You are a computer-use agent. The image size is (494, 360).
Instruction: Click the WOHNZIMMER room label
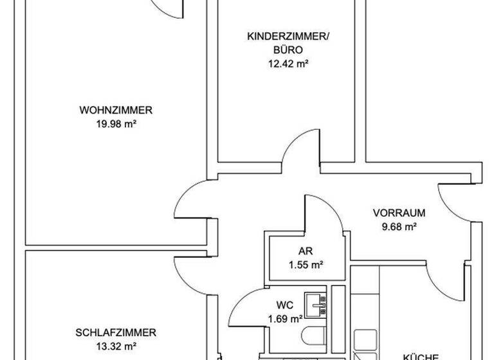coord(116,110)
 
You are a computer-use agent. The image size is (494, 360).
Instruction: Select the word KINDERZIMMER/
coord(288,37)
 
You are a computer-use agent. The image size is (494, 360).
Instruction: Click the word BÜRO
coord(288,50)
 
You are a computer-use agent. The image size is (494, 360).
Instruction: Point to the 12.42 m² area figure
coord(288,63)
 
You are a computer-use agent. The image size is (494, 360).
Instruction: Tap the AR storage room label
coord(305,251)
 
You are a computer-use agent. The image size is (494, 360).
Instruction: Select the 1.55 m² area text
coord(305,264)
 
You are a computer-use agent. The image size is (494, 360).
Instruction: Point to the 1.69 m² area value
coord(286,318)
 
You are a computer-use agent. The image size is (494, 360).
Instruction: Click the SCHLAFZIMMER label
coord(116,333)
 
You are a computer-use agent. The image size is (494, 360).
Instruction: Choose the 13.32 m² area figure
coord(116,346)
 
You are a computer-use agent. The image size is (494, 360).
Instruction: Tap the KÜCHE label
coord(421,356)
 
